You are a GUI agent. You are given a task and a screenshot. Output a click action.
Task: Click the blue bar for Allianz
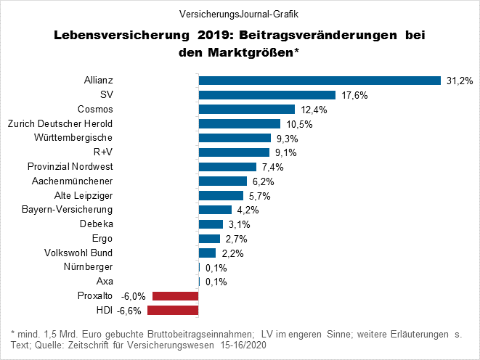pyautogui.click(x=320, y=81)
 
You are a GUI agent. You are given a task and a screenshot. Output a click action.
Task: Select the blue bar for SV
pyautogui.click(x=267, y=95)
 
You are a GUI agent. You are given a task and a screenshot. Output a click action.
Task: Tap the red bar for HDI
pyautogui.click(x=173, y=311)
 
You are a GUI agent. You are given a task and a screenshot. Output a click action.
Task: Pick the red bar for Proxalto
pyautogui.click(x=175, y=296)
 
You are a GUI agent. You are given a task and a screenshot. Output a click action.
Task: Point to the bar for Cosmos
pyautogui.click(x=246, y=110)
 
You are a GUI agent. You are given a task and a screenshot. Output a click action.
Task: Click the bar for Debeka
pyautogui.click(x=211, y=224)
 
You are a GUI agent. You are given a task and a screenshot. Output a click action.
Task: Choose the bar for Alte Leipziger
pyautogui.click(x=221, y=195)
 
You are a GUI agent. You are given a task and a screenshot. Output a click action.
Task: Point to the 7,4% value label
pyautogui.click(x=271, y=167)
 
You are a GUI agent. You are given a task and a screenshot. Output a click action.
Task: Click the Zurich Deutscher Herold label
pyautogui.click(x=59, y=124)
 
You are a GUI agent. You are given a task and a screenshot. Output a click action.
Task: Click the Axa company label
pyautogui.click(x=105, y=282)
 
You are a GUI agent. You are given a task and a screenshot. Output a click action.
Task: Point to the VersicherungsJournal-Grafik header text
pyautogui.click(x=239, y=14)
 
